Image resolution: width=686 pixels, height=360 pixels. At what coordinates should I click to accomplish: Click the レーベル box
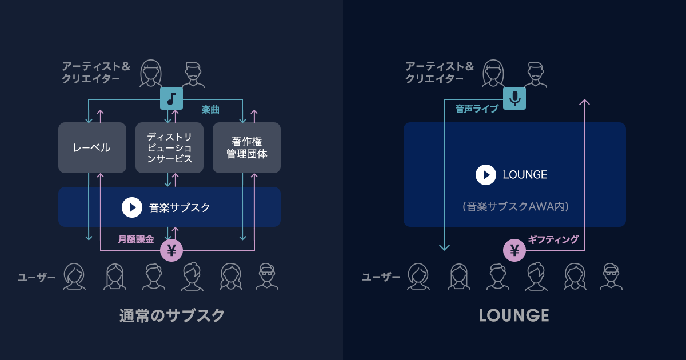[92, 147]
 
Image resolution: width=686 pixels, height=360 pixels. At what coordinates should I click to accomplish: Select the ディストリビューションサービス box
[169, 147]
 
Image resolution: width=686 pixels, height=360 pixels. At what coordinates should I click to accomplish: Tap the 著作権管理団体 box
[246, 147]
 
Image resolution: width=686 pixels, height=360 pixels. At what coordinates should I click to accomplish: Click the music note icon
[171, 98]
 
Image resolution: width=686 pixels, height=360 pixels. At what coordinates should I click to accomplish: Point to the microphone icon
[514, 98]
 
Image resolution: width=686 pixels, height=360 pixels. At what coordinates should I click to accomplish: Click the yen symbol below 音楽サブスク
[171, 250]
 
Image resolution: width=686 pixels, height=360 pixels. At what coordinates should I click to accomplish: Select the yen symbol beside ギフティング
[514, 250]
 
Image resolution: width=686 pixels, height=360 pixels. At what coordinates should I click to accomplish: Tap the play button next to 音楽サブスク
[132, 207]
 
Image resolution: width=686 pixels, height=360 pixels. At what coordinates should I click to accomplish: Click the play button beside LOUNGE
[486, 175]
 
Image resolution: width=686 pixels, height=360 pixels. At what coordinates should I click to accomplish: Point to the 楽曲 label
[210, 109]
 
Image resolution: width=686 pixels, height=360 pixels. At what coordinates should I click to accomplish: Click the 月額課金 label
[136, 239]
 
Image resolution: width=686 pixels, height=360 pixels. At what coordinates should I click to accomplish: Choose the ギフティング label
[553, 239]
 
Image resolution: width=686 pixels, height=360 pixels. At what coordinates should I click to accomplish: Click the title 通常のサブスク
[171, 315]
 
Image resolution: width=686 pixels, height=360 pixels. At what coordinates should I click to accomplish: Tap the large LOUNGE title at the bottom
[514, 315]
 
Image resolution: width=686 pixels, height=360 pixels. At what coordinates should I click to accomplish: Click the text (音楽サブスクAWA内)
[514, 207]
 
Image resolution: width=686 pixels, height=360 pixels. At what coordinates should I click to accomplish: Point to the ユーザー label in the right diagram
[381, 277]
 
